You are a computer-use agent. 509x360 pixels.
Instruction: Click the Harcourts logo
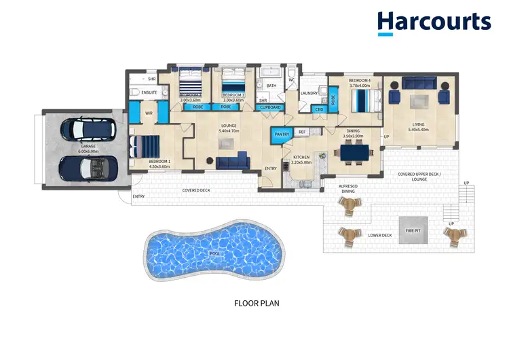(x=434, y=22)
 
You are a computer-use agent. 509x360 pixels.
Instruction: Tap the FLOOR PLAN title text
(x=256, y=303)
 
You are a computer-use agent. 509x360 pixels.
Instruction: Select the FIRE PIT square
(x=413, y=226)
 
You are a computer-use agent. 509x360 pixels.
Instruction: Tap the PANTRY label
(x=281, y=134)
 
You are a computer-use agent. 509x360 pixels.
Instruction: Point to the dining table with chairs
(x=354, y=154)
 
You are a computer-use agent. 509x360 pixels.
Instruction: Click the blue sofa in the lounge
(x=233, y=162)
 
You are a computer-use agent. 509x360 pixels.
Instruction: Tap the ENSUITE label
(x=149, y=92)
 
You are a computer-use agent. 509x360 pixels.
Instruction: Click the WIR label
(x=149, y=113)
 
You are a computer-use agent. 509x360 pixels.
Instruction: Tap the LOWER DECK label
(x=380, y=235)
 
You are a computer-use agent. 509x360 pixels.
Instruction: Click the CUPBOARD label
(x=271, y=107)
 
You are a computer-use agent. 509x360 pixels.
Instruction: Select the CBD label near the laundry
(x=318, y=109)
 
